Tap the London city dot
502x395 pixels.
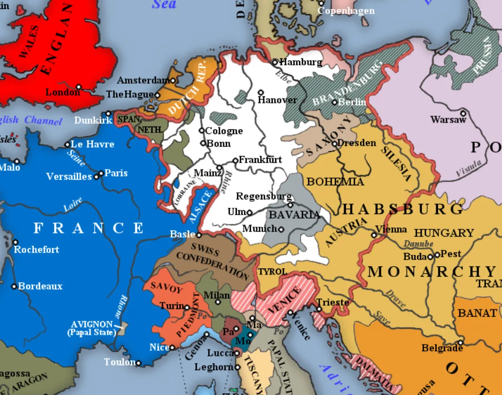click(x=79, y=87)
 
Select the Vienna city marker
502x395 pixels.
click(x=374, y=235)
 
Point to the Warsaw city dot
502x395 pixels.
click(x=463, y=113)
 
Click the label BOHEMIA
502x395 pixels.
click(x=335, y=182)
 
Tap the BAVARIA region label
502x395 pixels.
click(x=294, y=215)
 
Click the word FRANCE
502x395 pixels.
click(x=88, y=229)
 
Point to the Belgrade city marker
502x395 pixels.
click(x=461, y=342)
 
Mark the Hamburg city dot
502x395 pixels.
click(x=275, y=62)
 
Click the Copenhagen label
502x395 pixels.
click(x=347, y=10)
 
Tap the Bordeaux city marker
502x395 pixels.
click(x=14, y=286)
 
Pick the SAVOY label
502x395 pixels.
click(x=166, y=288)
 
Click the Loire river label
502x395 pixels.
click(x=73, y=205)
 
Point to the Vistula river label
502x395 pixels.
click(x=469, y=168)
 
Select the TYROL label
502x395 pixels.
click(x=272, y=272)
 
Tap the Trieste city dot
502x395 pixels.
click(x=319, y=309)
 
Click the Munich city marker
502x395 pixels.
click(x=281, y=229)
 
